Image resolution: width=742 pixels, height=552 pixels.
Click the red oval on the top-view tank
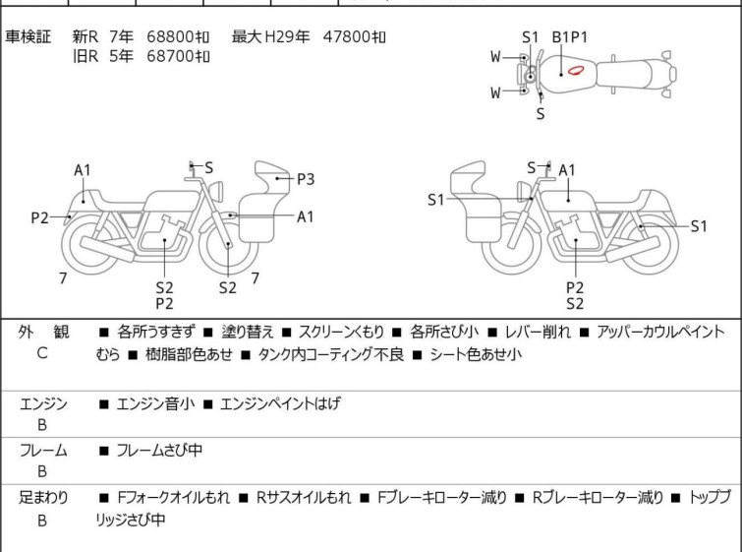point(576,71)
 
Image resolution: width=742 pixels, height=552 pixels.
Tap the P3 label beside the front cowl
point(306,179)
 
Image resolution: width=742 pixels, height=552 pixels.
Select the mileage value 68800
point(171,36)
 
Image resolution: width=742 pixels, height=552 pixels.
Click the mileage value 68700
point(171,56)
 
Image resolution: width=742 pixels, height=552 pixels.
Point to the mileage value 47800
point(347,36)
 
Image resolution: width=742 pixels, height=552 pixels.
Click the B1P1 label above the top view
point(570,37)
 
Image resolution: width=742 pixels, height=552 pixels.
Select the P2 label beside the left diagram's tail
point(39,217)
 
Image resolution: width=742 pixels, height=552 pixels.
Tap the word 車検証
point(28,36)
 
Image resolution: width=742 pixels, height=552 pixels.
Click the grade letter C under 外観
point(42,353)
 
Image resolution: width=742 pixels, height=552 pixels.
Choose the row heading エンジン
point(43,403)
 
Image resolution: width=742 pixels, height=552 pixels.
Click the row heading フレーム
point(43,450)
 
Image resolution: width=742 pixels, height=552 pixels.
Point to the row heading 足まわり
point(43,497)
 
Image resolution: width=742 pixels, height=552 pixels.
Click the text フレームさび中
point(159,450)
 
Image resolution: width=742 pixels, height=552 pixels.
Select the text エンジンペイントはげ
point(280,403)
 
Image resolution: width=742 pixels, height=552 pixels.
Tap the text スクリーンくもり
point(341,332)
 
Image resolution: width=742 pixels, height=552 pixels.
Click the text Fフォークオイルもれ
point(173,497)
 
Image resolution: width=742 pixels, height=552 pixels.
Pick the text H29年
point(287,36)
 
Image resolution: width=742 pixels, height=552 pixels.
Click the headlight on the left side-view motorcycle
point(217,191)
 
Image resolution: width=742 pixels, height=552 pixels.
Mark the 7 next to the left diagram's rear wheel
point(63,278)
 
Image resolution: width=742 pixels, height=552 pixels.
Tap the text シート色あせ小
point(476,354)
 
